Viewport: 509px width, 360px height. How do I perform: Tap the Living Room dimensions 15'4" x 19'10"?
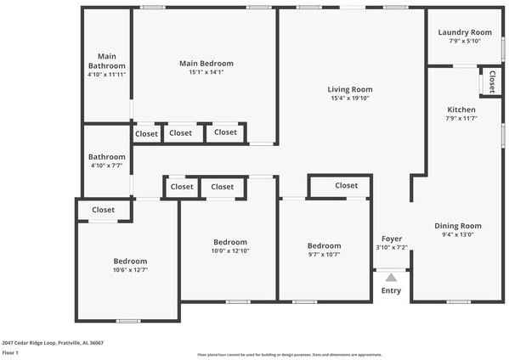350,98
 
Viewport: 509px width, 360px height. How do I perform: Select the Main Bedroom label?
206,63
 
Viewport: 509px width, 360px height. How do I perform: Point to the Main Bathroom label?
107,61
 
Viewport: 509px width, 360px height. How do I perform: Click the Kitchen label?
461,110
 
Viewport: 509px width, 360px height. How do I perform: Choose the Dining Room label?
458,226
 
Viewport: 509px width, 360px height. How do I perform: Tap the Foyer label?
392,239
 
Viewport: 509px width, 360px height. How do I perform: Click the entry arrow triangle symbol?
391,277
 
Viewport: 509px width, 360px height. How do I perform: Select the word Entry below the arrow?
391,291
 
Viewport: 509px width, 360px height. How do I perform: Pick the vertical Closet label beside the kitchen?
493,82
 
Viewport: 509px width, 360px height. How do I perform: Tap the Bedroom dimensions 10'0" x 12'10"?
230,250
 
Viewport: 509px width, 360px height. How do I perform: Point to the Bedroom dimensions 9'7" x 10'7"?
324,255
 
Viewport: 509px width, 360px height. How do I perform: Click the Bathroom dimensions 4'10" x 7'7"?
107,166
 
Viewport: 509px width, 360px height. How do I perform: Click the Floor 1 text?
11,352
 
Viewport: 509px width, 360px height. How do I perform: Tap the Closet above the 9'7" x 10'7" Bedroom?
346,185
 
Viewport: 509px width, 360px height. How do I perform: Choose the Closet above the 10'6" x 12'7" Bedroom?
104,210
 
